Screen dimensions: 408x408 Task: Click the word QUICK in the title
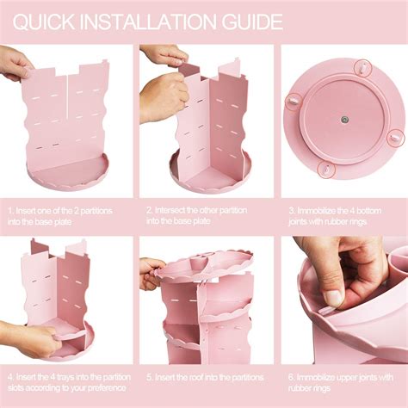pyautogui.click(x=44, y=22)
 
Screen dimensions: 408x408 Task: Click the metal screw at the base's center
pyautogui.click(x=343, y=119)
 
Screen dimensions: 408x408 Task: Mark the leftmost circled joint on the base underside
pyautogui.click(x=293, y=102)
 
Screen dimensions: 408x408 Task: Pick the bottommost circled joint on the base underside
pyautogui.click(x=326, y=170)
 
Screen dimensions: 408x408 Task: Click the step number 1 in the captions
pyautogui.click(x=10, y=211)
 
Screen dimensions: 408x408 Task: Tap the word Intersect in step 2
pyautogui.click(x=170, y=210)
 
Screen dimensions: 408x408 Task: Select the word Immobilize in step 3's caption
pyautogui.click(x=316, y=211)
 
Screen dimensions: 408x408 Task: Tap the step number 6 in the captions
pyautogui.click(x=291, y=377)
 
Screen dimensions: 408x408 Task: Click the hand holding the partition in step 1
pyautogui.click(x=15, y=64)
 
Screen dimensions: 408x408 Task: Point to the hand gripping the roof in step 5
pyautogui.click(x=151, y=273)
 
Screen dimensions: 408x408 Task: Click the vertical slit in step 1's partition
pyautogui.click(x=68, y=96)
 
